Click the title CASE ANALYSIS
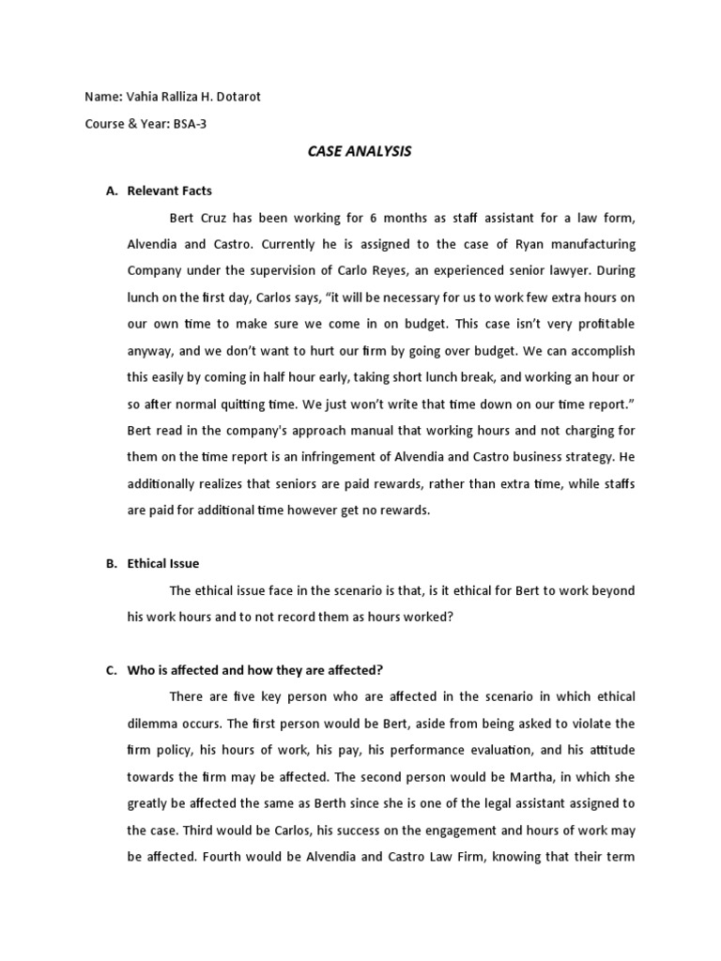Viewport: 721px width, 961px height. [360, 151]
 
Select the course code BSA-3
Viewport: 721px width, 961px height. [190, 124]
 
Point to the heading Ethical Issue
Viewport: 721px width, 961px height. [163, 563]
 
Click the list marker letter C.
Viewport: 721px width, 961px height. [110, 669]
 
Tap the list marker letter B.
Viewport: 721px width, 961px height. [110, 563]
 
